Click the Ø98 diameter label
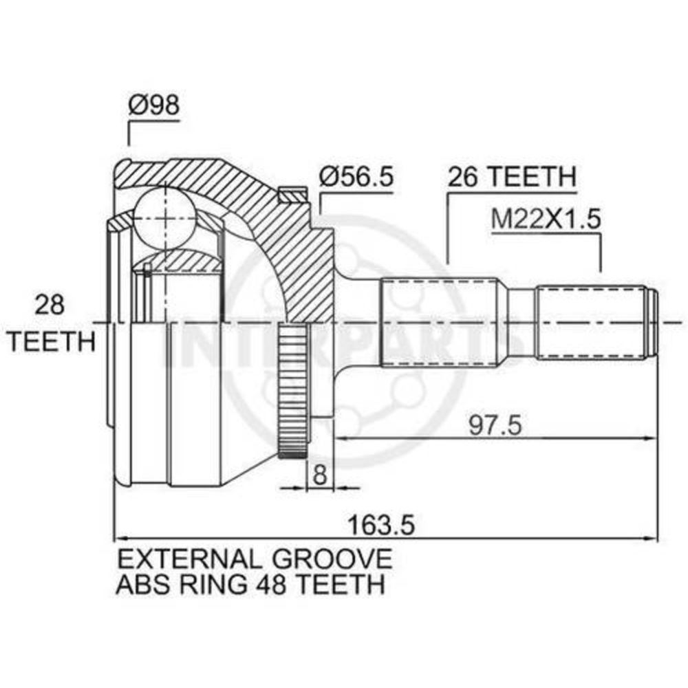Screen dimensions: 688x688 tap(153, 105)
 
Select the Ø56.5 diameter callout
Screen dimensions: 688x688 tap(356, 177)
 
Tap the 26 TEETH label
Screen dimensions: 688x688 tap(511, 177)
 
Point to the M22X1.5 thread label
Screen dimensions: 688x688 tap(546, 219)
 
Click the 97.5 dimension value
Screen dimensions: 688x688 tap(495, 425)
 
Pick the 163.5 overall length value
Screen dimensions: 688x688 tap(381, 525)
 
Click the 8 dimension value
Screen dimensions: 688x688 tap(321, 474)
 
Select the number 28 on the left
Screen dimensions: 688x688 tap(50, 305)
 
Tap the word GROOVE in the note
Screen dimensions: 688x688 tap(332, 559)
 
